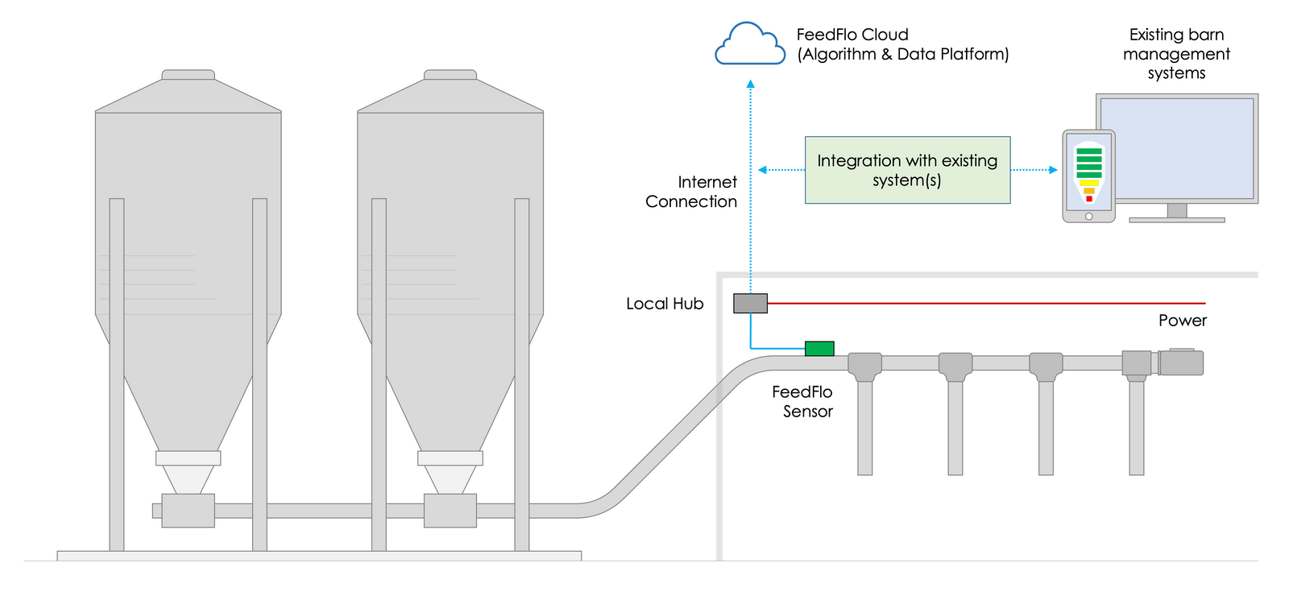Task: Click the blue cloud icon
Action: (x=750, y=45)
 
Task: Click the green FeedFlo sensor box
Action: (x=819, y=349)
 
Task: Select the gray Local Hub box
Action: (x=750, y=304)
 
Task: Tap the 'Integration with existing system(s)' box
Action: (x=907, y=170)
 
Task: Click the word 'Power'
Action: (x=1182, y=321)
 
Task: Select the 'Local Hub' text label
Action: (x=665, y=304)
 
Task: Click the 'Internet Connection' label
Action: (x=691, y=192)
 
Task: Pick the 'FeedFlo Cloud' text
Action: (x=852, y=35)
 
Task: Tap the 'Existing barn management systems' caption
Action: (x=1176, y=54)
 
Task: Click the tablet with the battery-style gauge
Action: (x=1088, y=176)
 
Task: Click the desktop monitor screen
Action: (x=1176, y=148)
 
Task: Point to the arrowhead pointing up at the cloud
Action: (x=751, y=84)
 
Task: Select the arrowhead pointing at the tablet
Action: (x=1053, y=170)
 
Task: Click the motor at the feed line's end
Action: (x=1181, y=362)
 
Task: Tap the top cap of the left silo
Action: (x=188, y=75)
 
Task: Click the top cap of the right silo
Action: (x=450, y=75)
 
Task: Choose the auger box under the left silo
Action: (x=188, y=511)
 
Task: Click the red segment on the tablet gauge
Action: (x=1089, y=198)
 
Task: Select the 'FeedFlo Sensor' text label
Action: (x=802, y=401)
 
